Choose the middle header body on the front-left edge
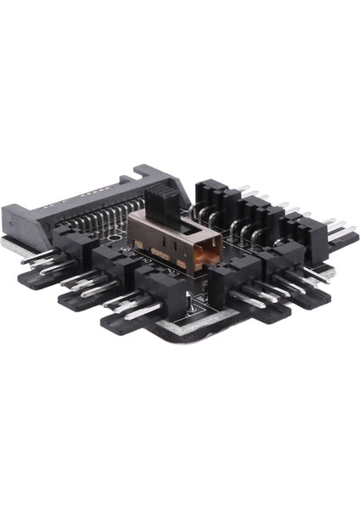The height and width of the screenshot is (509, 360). (x=113, y=264)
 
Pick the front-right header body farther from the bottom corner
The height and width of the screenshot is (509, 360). (x=281, y=255)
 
